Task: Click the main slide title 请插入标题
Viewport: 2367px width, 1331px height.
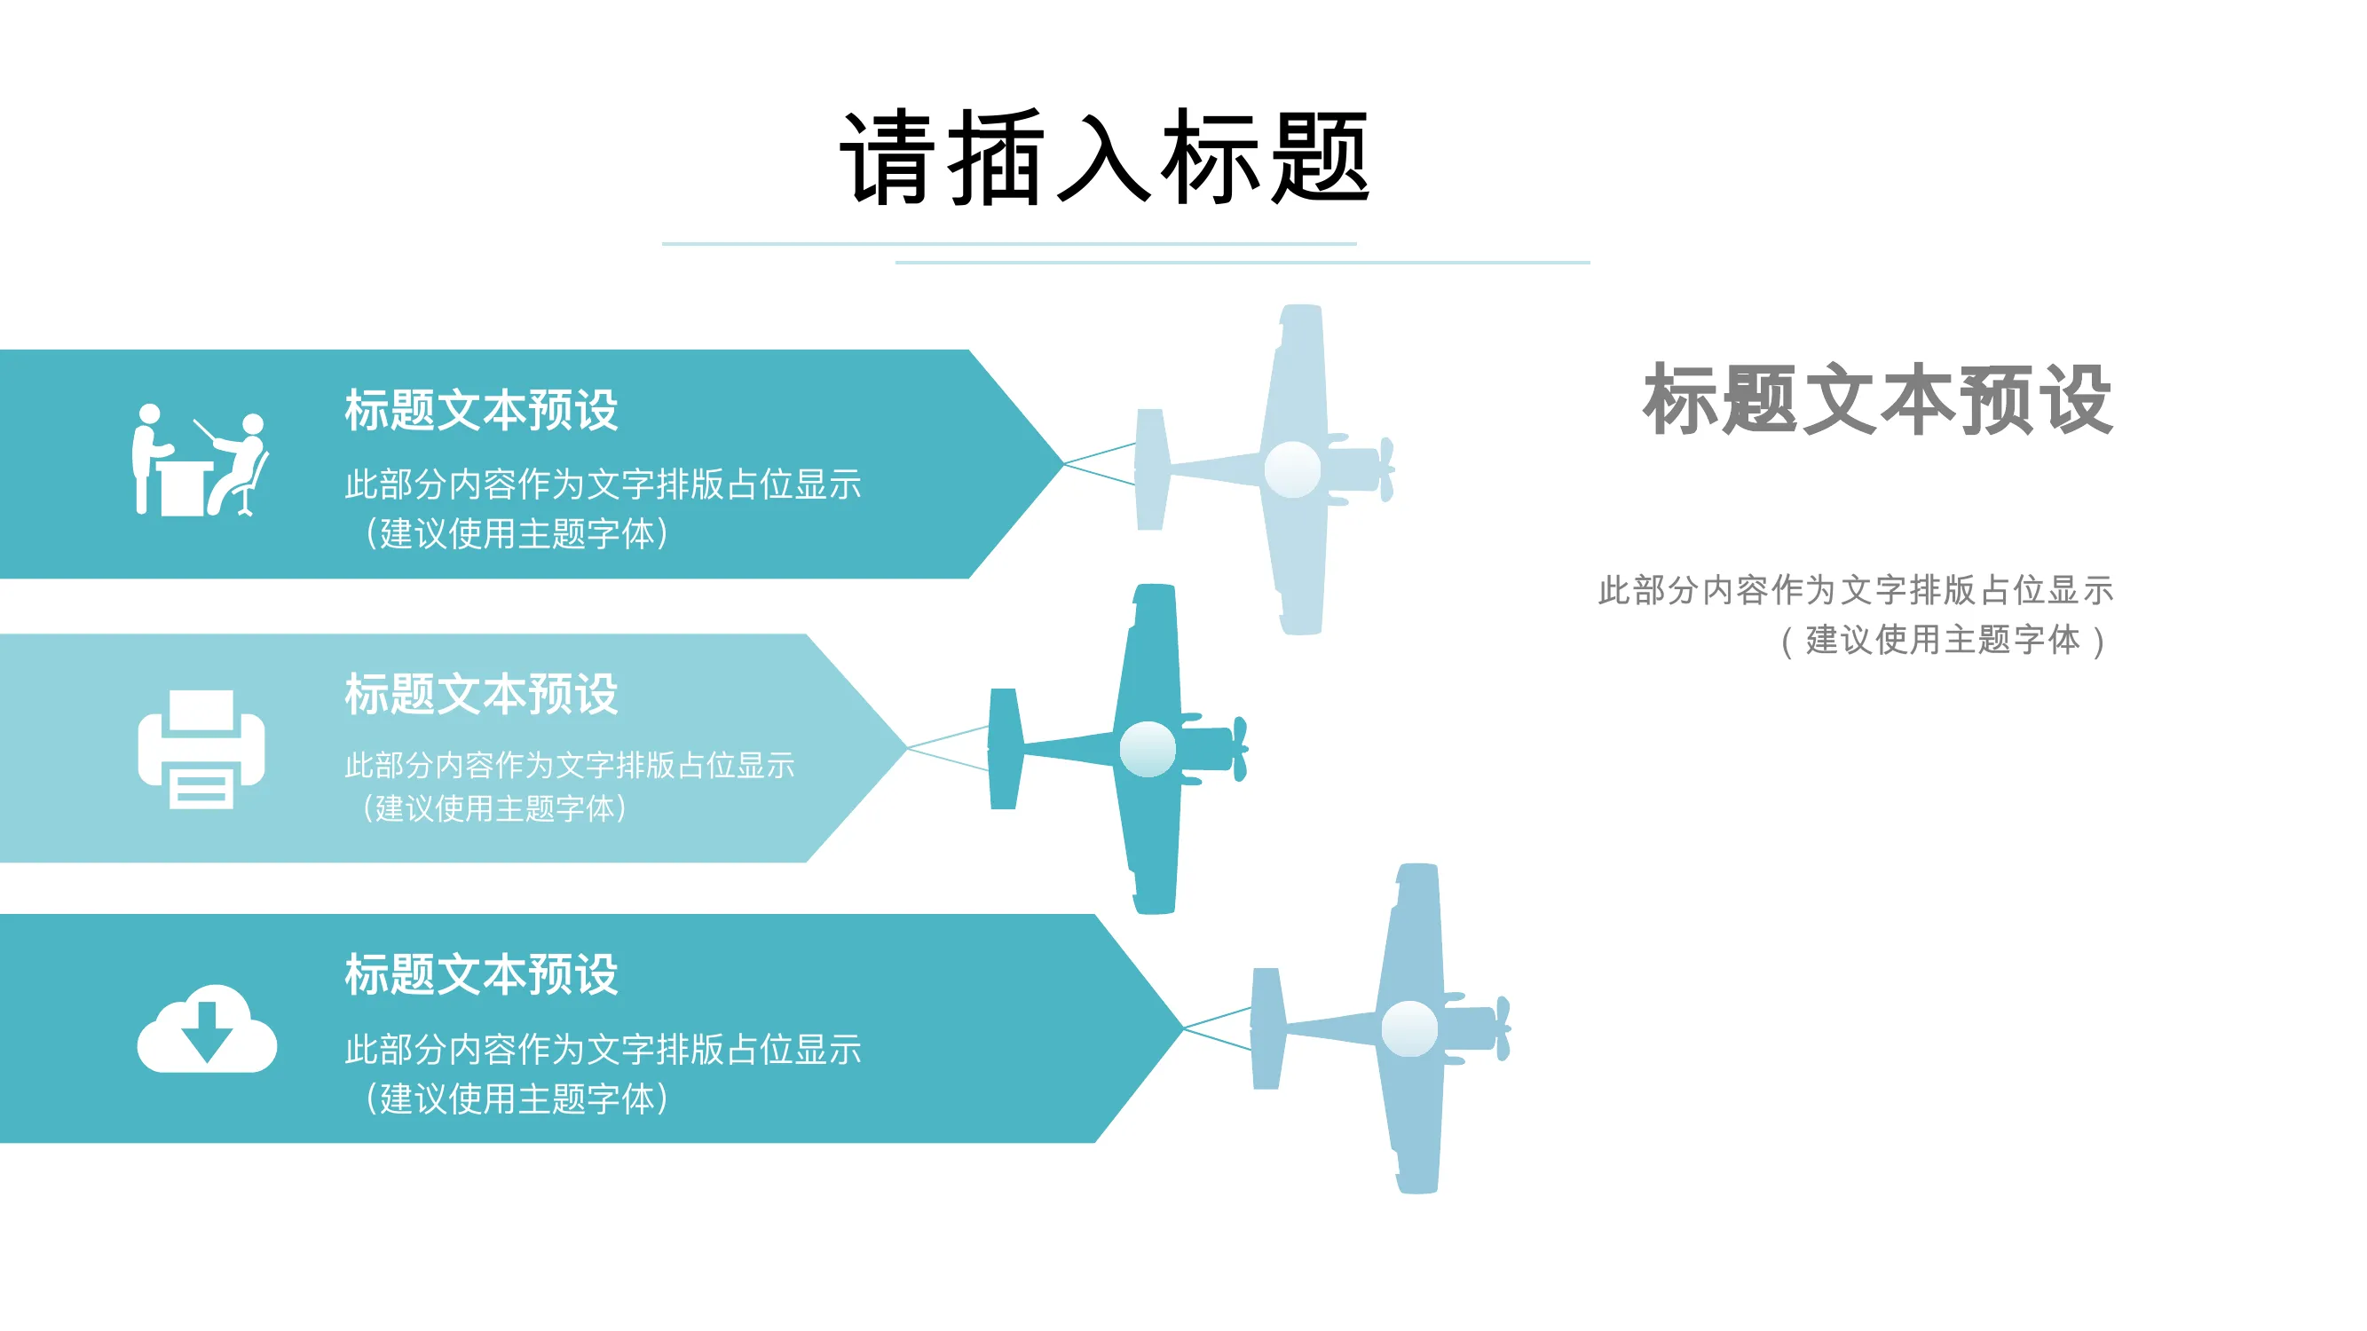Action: [x=1105, y=157]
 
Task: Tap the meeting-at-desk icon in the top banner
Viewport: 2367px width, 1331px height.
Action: [x=200, y=461]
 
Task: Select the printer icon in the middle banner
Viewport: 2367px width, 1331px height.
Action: [x=201, y=749]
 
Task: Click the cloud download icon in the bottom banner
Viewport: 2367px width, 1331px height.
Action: [x=207, y=1028]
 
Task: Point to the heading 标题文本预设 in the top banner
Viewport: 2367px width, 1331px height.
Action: [x=482, y=410]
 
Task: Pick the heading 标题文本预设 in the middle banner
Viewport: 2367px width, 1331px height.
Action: [x=482, y=694]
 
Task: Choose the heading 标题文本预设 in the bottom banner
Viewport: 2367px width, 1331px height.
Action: [x=482, y=974]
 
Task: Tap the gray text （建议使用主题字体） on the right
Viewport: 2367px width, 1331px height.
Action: [x=1943, y=641]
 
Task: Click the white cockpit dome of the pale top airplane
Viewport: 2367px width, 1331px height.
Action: [x=1292, y=469]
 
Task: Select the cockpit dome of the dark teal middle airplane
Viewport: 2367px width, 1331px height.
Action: [x=1147, y=750]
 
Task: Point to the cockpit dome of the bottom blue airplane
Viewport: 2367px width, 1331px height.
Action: [x=1409, y=1028]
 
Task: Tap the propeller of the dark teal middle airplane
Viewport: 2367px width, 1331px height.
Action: [x=1240, y=749]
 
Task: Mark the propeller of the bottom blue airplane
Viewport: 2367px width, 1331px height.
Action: [x=1503, y=1028]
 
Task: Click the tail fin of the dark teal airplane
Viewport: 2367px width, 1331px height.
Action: [x=1005, y=749]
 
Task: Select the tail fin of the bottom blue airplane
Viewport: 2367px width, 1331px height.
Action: [x=1268, y=1028]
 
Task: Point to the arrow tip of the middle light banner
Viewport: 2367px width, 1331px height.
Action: [x=907, y=749]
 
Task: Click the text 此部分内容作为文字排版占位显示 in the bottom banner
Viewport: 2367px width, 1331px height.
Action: [x=603, y=1049]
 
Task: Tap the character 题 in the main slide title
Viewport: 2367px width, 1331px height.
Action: [x=1320, y=157]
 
